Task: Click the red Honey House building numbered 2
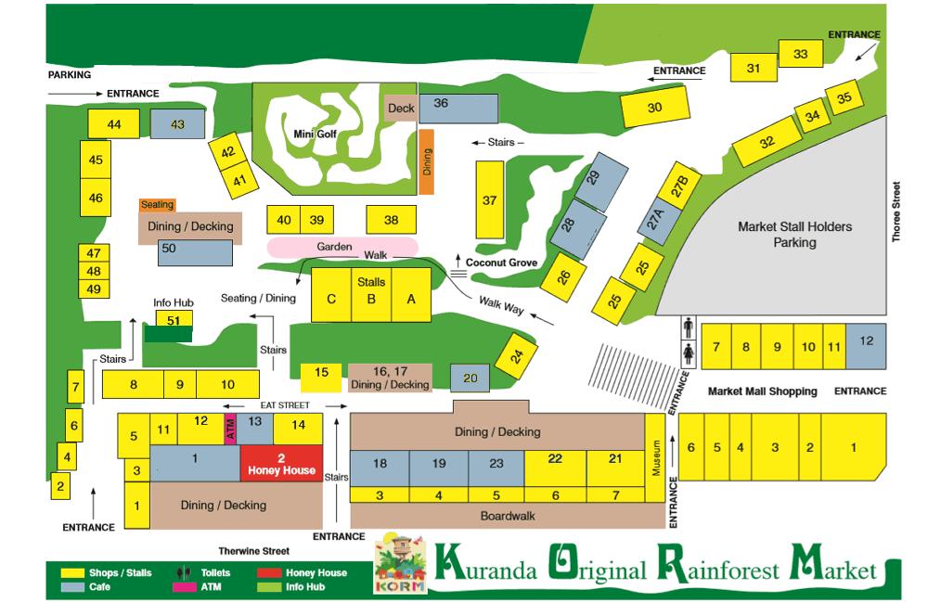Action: [281, 463]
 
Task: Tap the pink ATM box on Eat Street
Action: [231, 431]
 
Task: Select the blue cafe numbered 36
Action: [458, 108]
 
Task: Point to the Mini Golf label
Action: [315, 135]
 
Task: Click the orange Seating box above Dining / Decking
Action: [157, 205]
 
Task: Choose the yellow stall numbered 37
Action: [490, 199]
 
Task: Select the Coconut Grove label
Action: [501, 263]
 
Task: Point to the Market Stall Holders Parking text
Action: [794, 234]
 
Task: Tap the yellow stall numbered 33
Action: [800, 55]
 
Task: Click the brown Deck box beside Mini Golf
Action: [401, 109]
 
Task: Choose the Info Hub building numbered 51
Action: [174, 319]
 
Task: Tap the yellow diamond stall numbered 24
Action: [517, 354]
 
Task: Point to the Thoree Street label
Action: [896, 212]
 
